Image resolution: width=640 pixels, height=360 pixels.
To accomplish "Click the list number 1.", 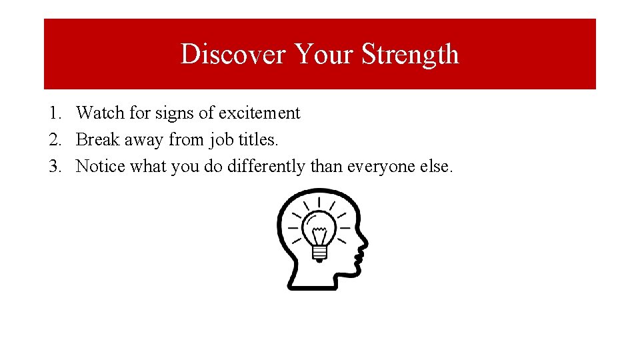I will pos(55,113).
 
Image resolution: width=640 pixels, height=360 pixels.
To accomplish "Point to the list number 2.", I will pos(55,140).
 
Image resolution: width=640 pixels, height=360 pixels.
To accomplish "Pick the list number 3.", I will pos(55,166).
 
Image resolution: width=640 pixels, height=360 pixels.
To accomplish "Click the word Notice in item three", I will pos(101,166).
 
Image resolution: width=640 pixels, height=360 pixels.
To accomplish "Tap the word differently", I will pos(267,167).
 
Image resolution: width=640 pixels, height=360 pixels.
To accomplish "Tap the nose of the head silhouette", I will pos(364,245).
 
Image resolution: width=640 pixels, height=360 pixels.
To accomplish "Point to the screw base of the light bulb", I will pos(319,253).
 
